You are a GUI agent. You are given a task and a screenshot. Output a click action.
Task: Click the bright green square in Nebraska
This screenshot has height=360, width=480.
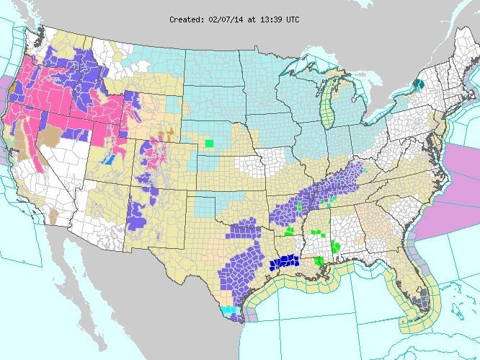click(x=209, y=143)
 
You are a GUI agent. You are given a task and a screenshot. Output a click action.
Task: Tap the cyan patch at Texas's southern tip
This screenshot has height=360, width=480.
click(x=228, y=310)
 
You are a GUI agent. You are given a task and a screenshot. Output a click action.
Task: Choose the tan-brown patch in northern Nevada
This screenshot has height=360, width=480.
click(x=52, y=137)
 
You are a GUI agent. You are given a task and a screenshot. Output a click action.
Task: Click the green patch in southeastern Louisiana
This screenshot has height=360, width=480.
click(x=319, y=260)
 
